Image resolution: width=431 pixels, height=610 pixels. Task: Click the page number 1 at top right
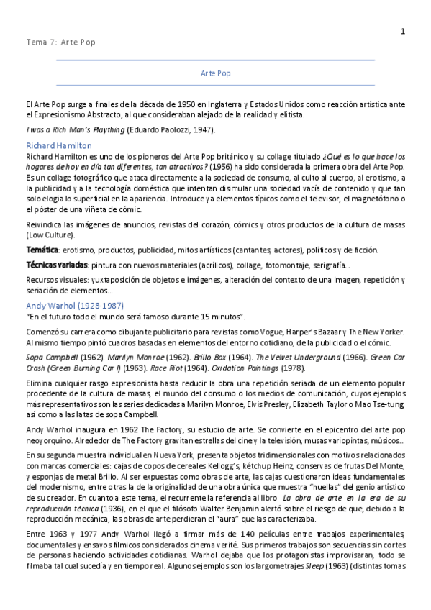coord(403,31)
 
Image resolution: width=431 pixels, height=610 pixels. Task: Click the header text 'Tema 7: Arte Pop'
coord(60,42)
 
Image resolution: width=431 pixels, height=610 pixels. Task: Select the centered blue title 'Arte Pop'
coord(215,73)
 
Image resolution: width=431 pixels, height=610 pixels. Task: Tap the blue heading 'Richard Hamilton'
coord(58,145)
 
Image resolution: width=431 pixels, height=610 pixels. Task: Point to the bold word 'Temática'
coord(42,250)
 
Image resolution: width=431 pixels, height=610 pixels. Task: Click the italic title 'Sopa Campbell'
coord(53,358)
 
